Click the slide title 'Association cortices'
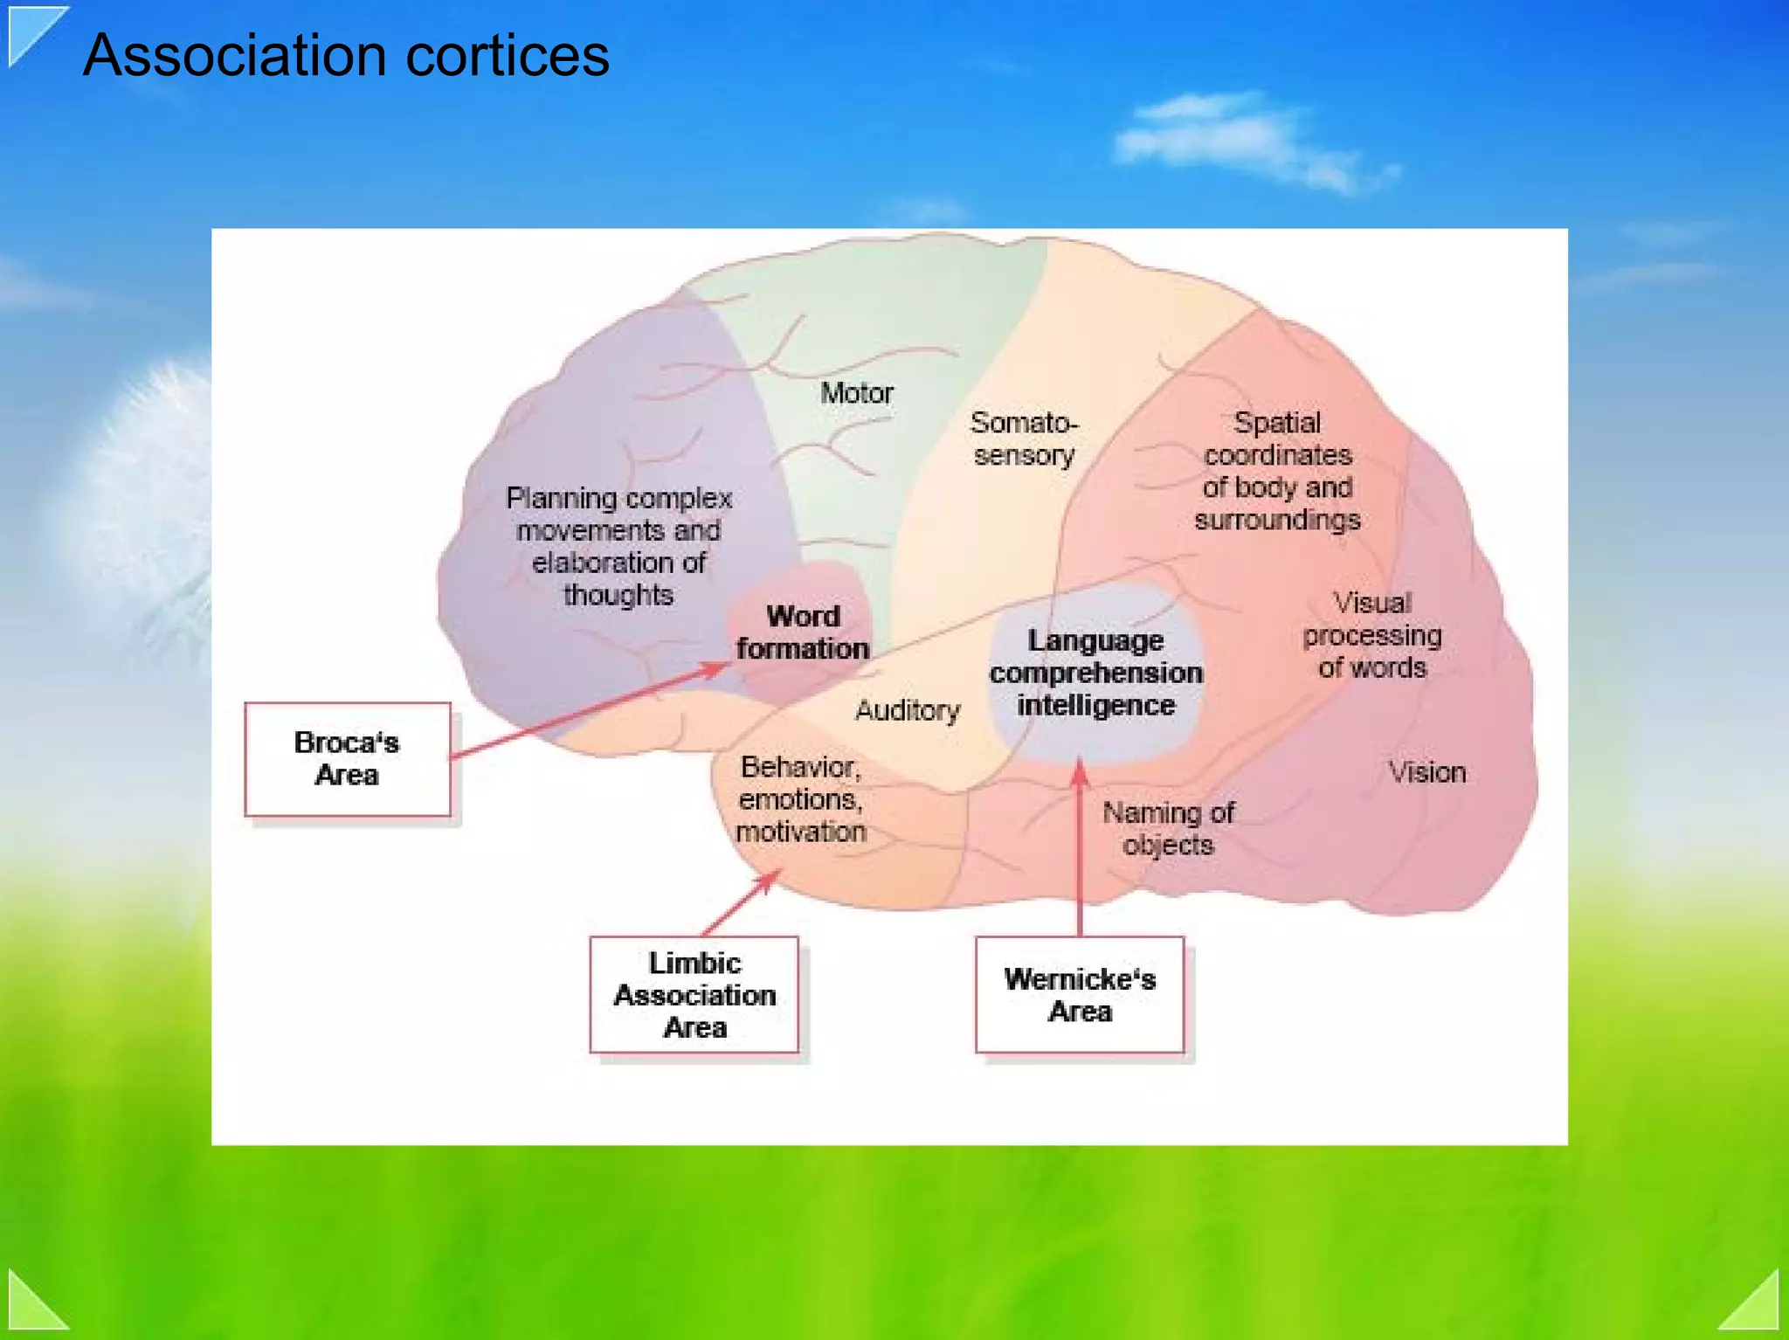[346, 56]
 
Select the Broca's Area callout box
[348, 759]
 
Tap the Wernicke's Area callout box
[1080, 995]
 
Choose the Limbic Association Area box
[694, 995]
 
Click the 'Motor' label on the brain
[856, 393]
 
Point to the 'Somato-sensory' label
[1024, 439]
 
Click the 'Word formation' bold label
[803, 632]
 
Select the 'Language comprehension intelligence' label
[1096, 673]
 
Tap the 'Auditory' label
[908, 710]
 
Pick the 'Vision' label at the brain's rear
[1427, 772]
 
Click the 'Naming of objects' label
[1168, 828]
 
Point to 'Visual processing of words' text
[1372, 635]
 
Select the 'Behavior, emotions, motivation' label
[801, 798]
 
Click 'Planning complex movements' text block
[618, 546]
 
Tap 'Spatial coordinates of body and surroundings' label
[1277, 471]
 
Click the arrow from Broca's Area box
[590, 710]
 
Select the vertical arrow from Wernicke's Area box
[1080, 847]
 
